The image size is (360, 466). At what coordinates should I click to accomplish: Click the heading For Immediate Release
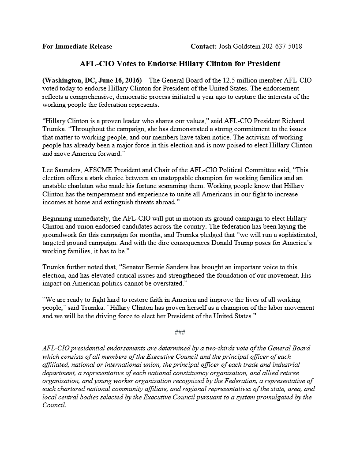[77, 46]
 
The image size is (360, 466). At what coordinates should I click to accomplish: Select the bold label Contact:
[204, 46]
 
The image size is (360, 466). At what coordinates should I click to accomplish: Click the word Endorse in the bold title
[161, 64]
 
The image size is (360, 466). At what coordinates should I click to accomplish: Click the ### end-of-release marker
[180, 331]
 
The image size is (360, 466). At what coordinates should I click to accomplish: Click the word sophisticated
[295, 235]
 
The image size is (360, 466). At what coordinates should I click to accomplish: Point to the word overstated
[167, 283]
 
